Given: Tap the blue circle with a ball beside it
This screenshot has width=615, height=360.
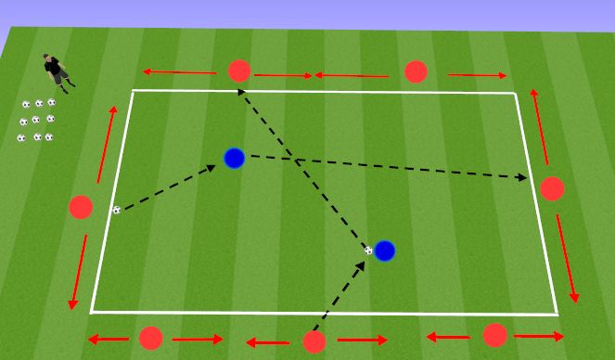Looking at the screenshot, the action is tap(384, 251).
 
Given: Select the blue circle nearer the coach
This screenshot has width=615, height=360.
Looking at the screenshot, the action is tap(234, 159).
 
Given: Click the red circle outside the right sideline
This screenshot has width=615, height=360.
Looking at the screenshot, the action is tap(552, 188).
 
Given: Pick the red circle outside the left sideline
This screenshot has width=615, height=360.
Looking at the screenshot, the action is tap(81, 207).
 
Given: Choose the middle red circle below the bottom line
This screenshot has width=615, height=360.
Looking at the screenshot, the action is tap(314, 341).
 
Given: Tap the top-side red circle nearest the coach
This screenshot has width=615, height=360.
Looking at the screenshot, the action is tap(239, 71).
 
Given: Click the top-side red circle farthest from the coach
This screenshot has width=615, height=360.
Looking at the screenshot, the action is tap(416, 71).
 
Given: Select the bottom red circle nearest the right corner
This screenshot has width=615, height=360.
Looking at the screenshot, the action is tap(494, 335).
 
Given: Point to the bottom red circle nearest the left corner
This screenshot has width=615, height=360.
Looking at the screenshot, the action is tap(150, 339).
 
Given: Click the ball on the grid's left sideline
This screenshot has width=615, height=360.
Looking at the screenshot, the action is tap(117, 210).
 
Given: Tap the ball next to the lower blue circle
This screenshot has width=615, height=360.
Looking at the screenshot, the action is tap(368, 250).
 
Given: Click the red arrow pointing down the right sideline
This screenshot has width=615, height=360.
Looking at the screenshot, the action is tap(567, 259).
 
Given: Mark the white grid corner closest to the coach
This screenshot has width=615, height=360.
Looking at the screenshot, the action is tap(133, 91).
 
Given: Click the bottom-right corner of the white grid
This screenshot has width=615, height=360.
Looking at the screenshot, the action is tap(557, 315).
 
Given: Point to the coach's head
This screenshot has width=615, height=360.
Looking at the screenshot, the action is tap(48, 58).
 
